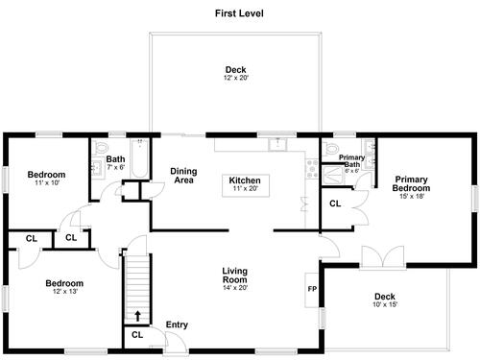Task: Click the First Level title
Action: (x=239, y=13)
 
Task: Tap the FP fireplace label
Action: (x=312, y=289)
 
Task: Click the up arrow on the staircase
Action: (x=137, y=316)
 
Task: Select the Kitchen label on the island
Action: (x=245, y=180)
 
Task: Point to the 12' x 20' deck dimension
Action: (x=236, y=78)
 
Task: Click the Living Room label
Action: (x=235, y=276)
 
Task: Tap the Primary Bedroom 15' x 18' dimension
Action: (x=412, y=197)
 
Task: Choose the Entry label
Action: (x=177, y=324)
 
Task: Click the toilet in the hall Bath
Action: (x=102, y=148)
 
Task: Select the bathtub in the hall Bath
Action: (x=139, y=158)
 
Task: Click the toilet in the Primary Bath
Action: (x=330, y=149)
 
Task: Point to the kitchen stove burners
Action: (x=312, y=169)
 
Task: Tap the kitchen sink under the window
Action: (x=277, y=144)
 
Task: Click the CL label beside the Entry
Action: (x=137, y=335)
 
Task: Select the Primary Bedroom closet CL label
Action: (x=335, y=204)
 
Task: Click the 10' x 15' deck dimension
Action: (x=385, y=304)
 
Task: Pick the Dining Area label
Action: (x=183, y=176)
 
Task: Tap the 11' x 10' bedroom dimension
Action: (x=47, y=183)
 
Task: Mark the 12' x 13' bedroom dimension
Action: (x=65, y=292)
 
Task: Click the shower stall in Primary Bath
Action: (x=333, y=175)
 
